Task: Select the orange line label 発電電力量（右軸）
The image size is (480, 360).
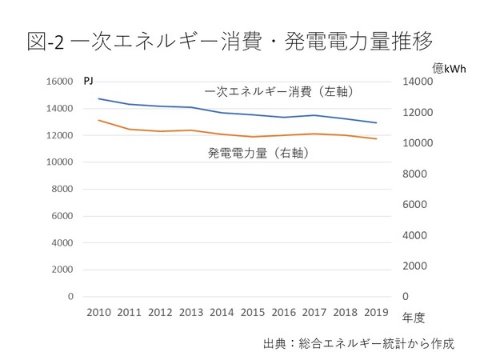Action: (258, 151)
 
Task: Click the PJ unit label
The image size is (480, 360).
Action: (89, 81)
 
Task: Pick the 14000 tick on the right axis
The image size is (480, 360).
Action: (416, 82)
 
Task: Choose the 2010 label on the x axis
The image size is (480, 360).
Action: (98, 312)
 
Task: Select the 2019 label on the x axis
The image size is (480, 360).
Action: (377, 312)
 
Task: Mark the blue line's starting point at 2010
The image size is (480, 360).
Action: (98, 98)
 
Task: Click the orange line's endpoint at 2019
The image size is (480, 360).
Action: (377, 139)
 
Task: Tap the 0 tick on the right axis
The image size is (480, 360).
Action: (405, 297)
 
